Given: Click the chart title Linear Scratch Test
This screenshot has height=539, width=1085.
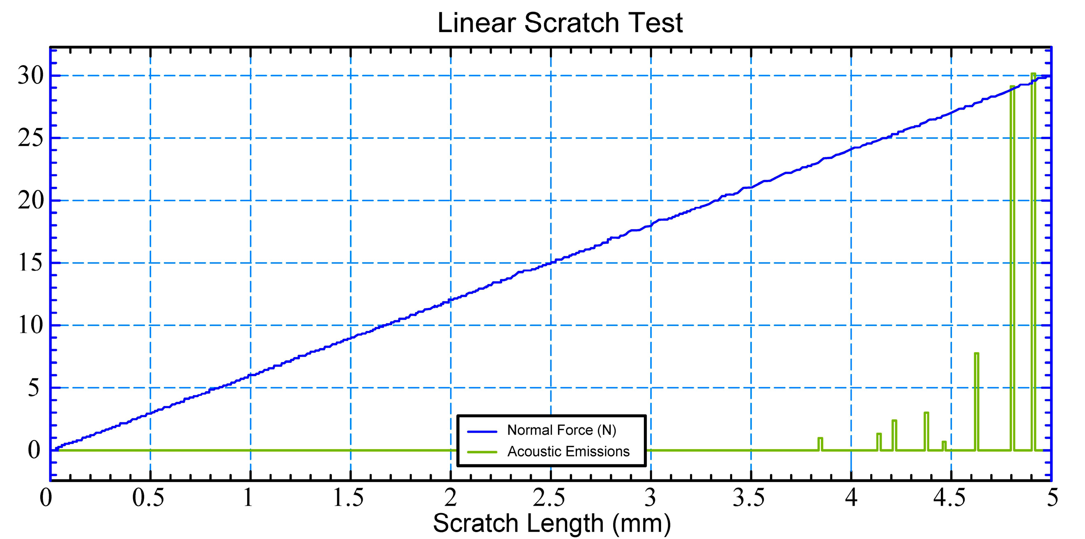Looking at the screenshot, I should coord(560,23).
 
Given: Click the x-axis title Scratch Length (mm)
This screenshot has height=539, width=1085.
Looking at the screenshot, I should coord(552,523).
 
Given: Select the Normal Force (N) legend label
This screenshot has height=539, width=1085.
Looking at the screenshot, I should coord(561,430).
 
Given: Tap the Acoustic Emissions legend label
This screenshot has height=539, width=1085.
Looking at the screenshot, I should coord(568,452).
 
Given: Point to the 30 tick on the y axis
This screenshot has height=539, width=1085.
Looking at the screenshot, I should coord(30,76).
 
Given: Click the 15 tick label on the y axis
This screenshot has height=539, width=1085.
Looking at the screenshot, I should coord(30,263).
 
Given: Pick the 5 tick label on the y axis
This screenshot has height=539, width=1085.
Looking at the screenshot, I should coord(34,388).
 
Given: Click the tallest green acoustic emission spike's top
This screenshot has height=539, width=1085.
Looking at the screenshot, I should coord(1033,74).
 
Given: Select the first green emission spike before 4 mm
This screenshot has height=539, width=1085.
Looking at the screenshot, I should coord(820,439).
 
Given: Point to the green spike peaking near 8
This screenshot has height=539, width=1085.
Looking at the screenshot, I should coord(976,354).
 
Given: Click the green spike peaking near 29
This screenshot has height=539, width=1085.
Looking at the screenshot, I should coord(1013,87).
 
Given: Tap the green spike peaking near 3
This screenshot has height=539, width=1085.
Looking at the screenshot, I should coord(926,413).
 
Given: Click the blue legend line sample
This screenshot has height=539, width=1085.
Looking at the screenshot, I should coord(482,431).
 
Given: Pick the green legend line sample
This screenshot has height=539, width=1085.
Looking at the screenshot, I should coord(482,452).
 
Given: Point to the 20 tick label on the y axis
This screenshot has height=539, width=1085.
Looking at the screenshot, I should coord(30,201).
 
